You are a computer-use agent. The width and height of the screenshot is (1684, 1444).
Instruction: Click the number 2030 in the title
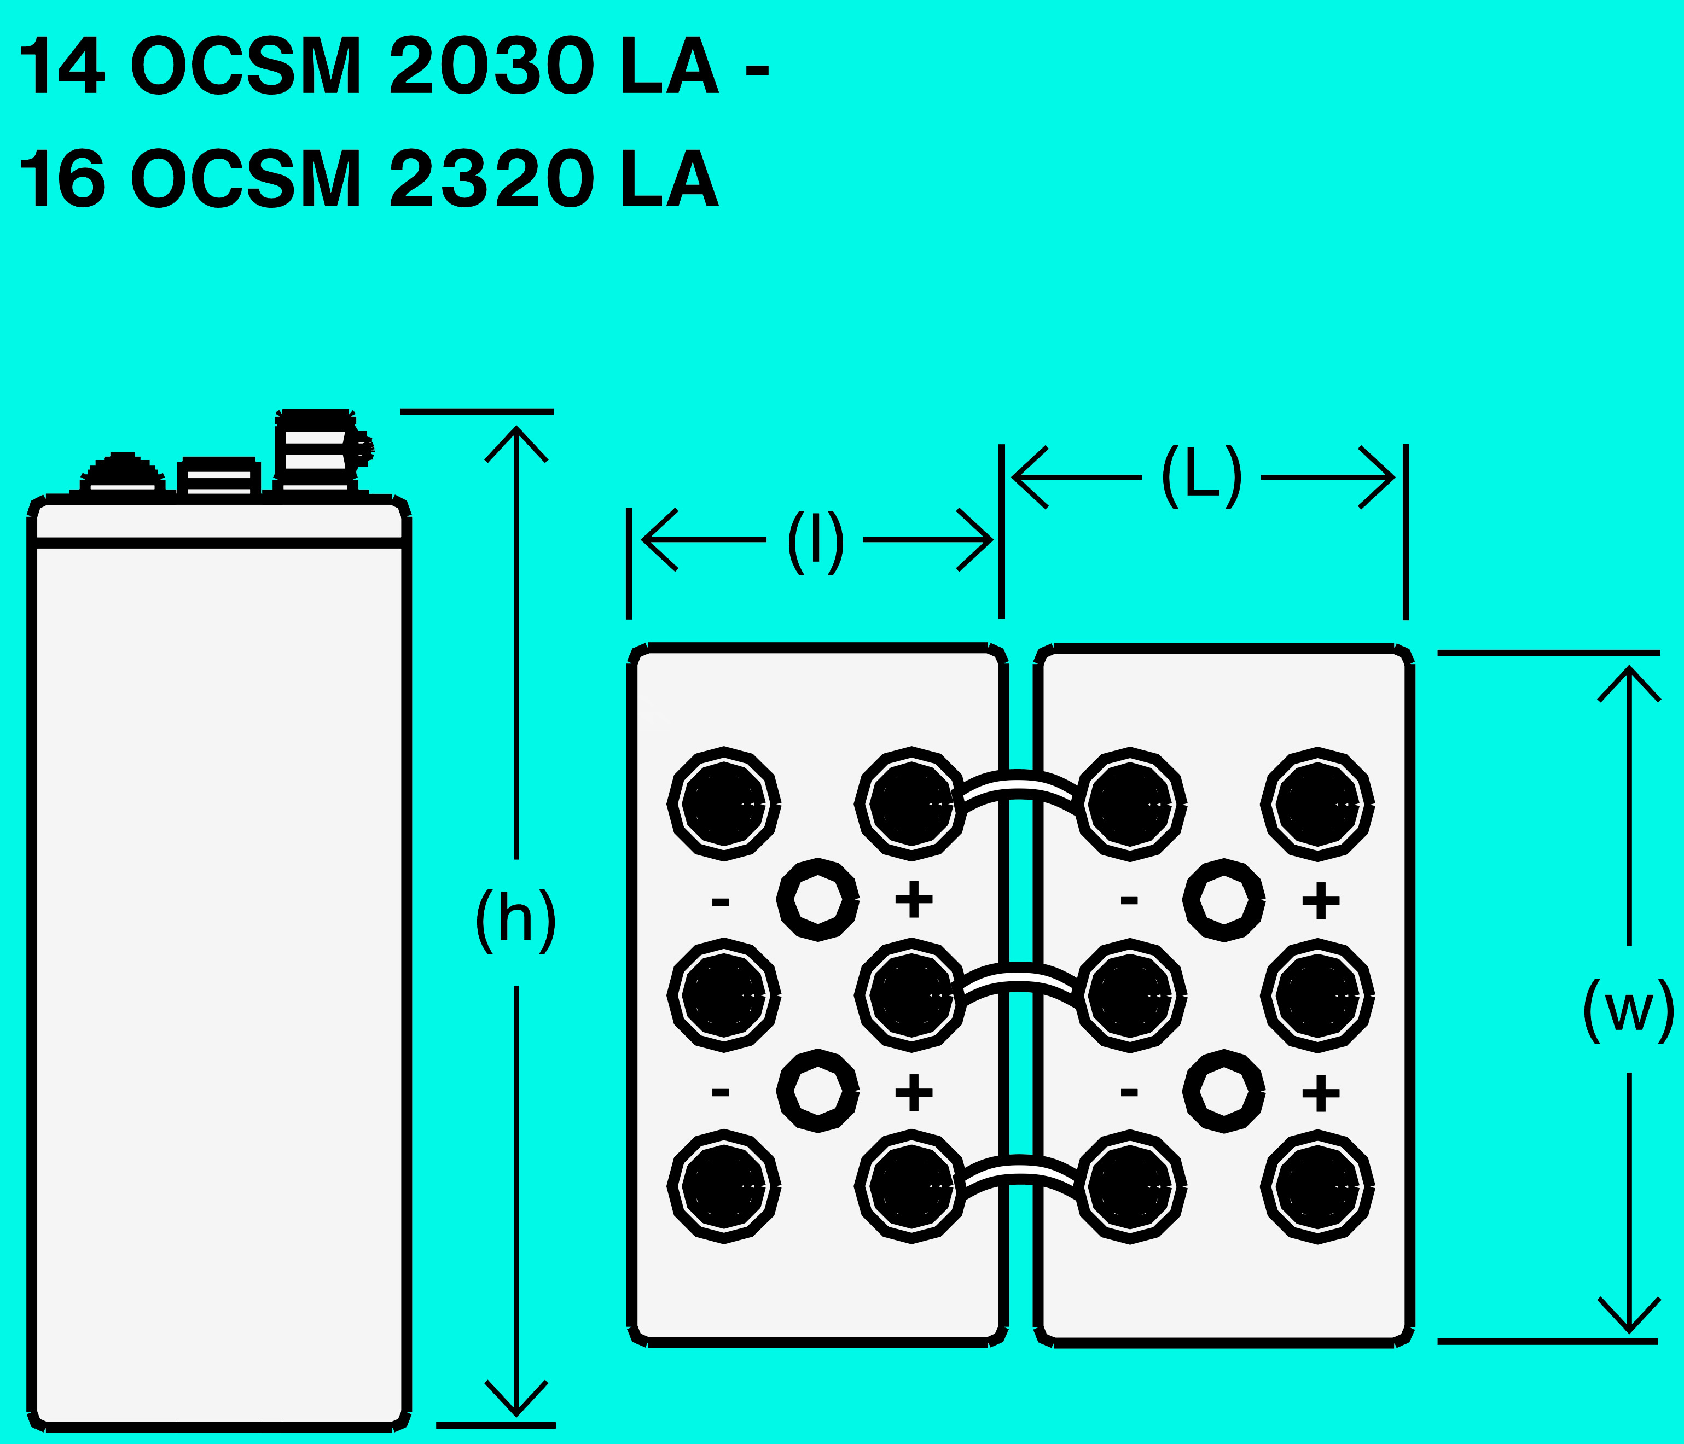click(x=492, y=66)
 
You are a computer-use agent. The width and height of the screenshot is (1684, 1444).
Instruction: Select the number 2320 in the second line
click(x=492, y=179)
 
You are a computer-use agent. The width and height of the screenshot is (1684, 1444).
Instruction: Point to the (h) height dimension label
click(x=515, y=920)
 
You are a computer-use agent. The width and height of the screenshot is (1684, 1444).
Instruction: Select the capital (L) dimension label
click(x=1201, y=476)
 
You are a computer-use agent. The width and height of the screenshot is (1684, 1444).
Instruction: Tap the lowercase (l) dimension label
click(x=815, y=541)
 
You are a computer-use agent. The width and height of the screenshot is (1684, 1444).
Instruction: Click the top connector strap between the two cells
click(x=1019, y=791)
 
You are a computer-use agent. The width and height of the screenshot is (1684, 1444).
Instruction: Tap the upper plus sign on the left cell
click(x=914, y=900)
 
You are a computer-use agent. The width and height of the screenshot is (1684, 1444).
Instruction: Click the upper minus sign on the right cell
click(x=1129, y=900)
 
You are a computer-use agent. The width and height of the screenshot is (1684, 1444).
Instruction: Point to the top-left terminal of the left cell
click(x=723, y=803)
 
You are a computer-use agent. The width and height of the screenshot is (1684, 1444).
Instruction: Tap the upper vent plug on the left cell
click(x=817, y=900)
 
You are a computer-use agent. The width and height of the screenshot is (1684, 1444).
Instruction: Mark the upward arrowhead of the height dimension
click(x=516, y=439)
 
